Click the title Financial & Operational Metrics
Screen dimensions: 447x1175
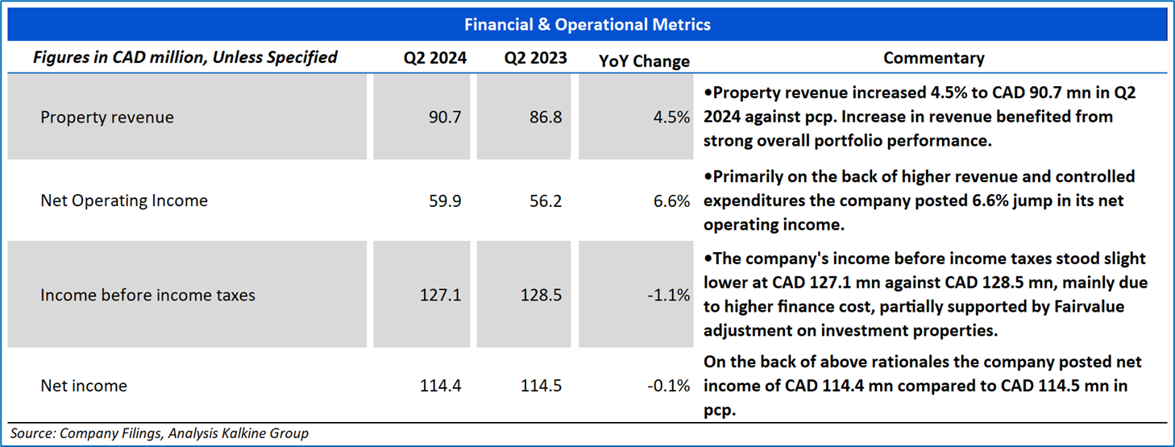[x=587, y=24]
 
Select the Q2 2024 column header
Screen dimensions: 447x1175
[x=435, y=58]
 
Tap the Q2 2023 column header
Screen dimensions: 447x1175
[x=536, y=58]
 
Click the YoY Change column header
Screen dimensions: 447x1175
[x=645, y=61]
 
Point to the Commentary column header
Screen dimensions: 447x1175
[x=933, y=58]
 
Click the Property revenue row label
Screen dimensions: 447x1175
[x=107, y=118]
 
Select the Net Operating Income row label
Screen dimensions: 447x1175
[x=124, y=201]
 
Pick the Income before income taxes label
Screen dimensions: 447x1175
[x=147, y=296]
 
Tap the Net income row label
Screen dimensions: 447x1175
[x=84, y=386]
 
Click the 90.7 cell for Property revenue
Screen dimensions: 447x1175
[x=446, y=118]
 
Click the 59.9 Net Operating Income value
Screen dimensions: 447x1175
[x=446, y=201]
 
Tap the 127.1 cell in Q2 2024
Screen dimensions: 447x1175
[x=441, y=296]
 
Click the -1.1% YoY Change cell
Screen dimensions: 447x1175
[x=669, y=296]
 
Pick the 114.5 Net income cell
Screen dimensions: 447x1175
[x=542, y=386]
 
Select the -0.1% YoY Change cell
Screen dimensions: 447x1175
[x=669, y=386]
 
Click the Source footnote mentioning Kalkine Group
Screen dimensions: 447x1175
[x=159, y=433]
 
